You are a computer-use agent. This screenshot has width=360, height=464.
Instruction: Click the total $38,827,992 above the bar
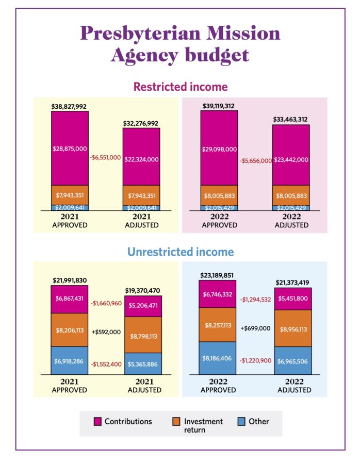[x=69, y=107]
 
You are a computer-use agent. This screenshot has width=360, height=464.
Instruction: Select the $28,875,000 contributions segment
[x=69, y=148]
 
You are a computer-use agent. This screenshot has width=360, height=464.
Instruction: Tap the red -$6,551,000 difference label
[x=105, y=157]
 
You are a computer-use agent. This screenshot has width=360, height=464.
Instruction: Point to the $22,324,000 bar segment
[x=141, y=159]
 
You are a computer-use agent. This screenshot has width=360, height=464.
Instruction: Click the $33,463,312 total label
[x=291, y=120]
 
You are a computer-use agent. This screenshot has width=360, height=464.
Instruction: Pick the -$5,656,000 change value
[x=255, y=161]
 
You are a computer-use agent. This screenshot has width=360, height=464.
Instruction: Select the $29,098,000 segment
[x=219, y=149]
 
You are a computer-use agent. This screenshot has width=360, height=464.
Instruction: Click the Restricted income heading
[x=181, y=87]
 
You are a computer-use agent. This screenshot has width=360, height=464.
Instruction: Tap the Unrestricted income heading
[x=181, y=252]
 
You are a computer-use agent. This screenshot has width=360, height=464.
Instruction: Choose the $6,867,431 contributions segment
[x=69, y=299]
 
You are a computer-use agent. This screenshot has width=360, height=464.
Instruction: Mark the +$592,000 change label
[x=105, y=333]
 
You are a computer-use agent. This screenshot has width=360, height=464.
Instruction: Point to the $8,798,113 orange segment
[x=141, y=335]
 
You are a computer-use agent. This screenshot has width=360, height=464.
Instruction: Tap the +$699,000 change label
[x=254, y=327]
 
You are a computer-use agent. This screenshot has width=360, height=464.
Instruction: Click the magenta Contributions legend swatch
[x=97, y=422]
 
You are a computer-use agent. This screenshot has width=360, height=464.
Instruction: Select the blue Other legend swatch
[x=241, y=422]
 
